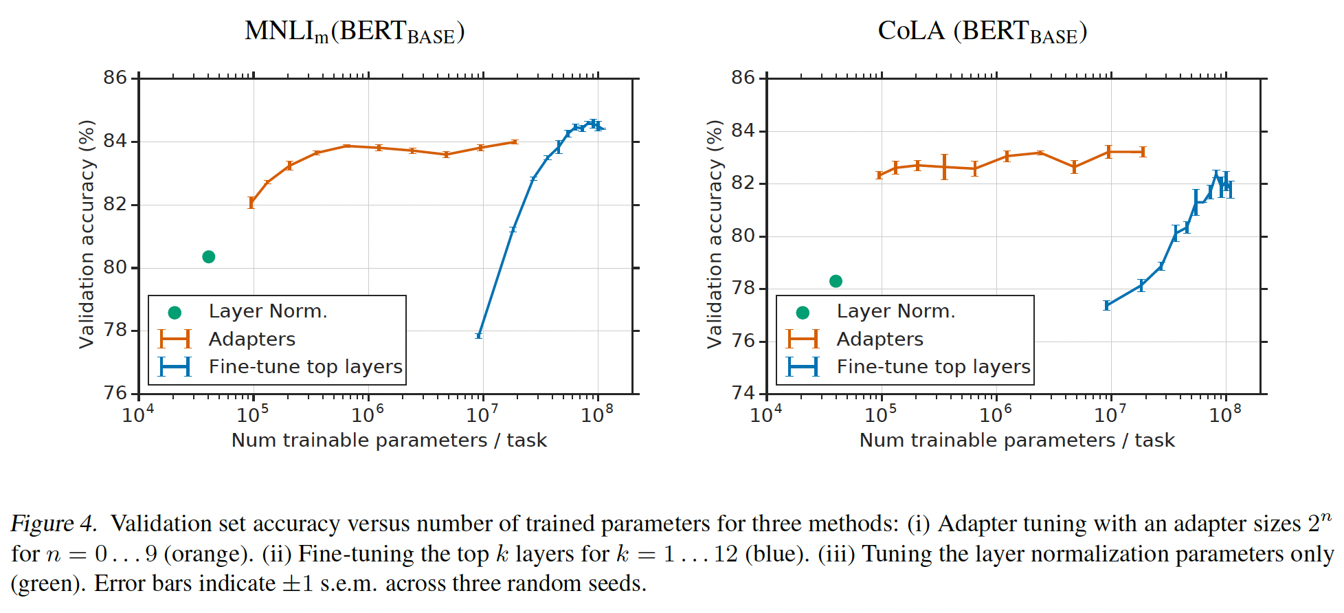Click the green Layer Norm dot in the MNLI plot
(209, 257)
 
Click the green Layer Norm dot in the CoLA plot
(836, 281)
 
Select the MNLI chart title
(355, 32)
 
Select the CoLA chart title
(982, 32)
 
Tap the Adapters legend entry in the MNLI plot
(251, 339)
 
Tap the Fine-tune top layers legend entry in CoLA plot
(933, 367)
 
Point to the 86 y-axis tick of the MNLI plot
(115, 78)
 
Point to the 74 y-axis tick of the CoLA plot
(743, 393)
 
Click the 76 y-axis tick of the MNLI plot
(115, 393)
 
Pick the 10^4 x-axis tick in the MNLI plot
(138, 414)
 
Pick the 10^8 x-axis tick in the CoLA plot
(1225, 414)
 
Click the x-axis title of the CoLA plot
(1017, 441)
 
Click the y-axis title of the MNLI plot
(87, 234)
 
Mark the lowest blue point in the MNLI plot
(479, 335)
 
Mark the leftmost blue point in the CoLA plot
(1107, 305)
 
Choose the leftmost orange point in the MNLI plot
(251, 203)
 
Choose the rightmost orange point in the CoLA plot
(1143, 152)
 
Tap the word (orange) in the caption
(227, 554)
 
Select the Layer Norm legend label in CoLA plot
(895, 311)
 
